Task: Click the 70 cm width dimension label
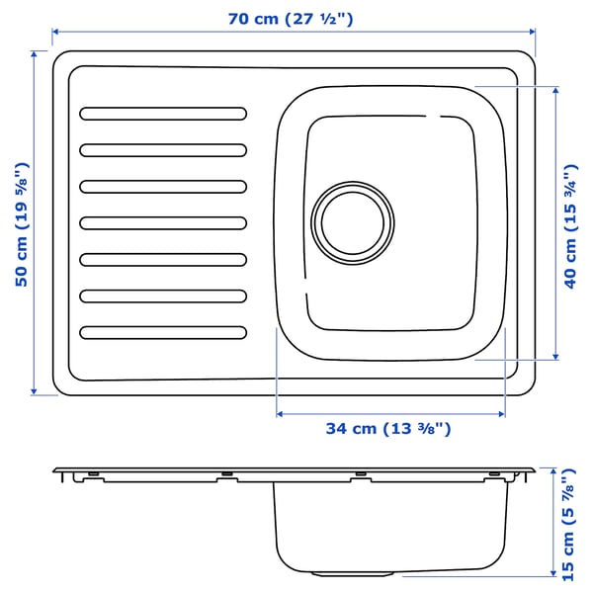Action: pyautogui.click(x=293, y=18)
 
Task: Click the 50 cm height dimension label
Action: pyautogui.click(x=21, y=224)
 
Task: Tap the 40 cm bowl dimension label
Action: pyautogui.click(x=571, y=222)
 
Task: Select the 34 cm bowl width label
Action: pyautogui.click(x=388, y=428)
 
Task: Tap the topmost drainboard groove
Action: pyautogui.click(x=163, y=113)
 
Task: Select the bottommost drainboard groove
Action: pyautogui.click(x=163, y=332)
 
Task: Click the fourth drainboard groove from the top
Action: pyautogui.click(x=163, y=222)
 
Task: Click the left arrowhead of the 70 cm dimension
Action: pyautogui.click(x=55, y=32)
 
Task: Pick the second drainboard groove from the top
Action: pyautogui.click(x=163, y=149)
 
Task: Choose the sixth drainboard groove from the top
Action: pyautogui.click(x=163, y=296)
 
